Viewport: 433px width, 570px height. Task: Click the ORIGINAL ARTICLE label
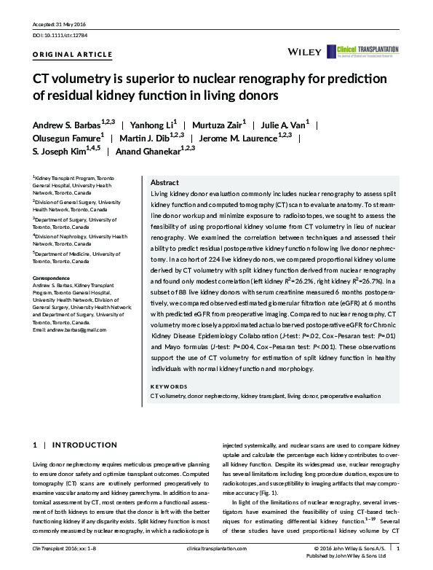(x=74, y=55)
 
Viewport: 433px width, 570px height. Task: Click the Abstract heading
(x=164, y=182)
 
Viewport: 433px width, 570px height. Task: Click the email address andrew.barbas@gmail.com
(x=71, y=330)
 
